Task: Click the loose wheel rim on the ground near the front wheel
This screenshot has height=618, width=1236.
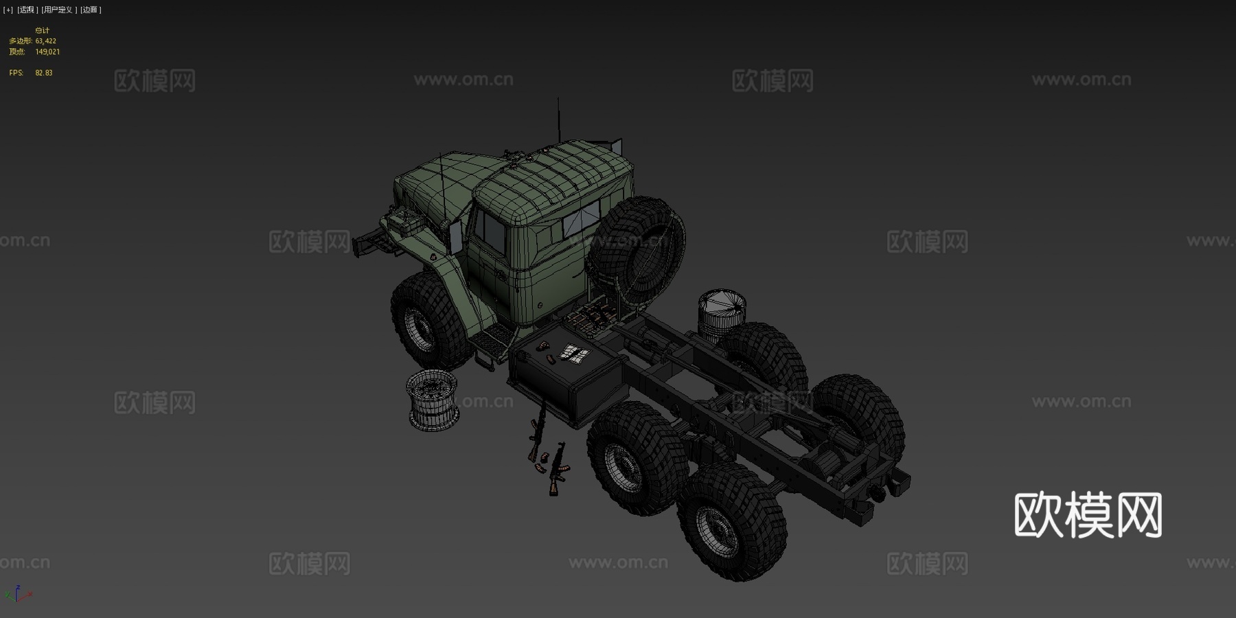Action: click(x=432, y=400)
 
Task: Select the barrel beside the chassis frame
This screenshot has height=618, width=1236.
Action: click(x=720, y=314)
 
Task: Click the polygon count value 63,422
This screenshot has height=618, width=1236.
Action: click(x=46, y=41)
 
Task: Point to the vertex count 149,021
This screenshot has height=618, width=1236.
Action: click(x=47, y=52)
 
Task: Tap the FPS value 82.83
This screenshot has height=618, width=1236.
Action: click(x=44, y=73)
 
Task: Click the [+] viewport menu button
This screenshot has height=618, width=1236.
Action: click(x=8, y=10)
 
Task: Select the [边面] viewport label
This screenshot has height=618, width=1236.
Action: click(x=91, y=10)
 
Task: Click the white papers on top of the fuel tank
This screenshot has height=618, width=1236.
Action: click(x=575, y=354)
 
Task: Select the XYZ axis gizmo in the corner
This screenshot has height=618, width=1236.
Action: click(x=18, y=594)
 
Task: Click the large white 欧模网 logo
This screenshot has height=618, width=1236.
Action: click(x=1088, y=515)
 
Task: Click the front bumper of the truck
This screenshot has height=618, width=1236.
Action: click(x=367, y=242)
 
